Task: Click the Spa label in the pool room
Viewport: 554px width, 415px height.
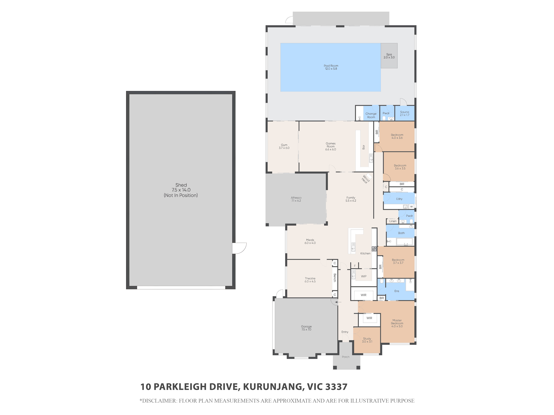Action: tap(389, 54)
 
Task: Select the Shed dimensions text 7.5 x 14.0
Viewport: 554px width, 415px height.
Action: tap(181, 190)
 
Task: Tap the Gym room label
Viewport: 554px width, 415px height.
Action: tap(284, 145)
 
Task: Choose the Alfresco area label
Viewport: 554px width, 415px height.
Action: tap(296, 198)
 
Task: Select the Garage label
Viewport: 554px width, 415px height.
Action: tap(306, 326)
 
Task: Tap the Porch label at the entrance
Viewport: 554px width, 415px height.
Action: tap(346, 357)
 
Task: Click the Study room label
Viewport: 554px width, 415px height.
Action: tap(367, 339)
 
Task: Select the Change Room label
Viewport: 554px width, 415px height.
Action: tap(371, 115)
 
